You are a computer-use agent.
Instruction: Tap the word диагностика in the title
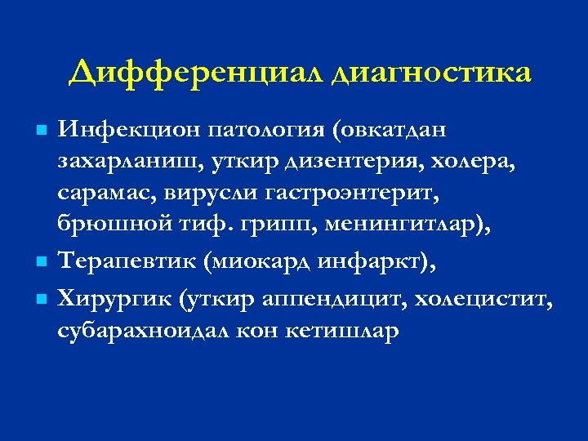(432, 73)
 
